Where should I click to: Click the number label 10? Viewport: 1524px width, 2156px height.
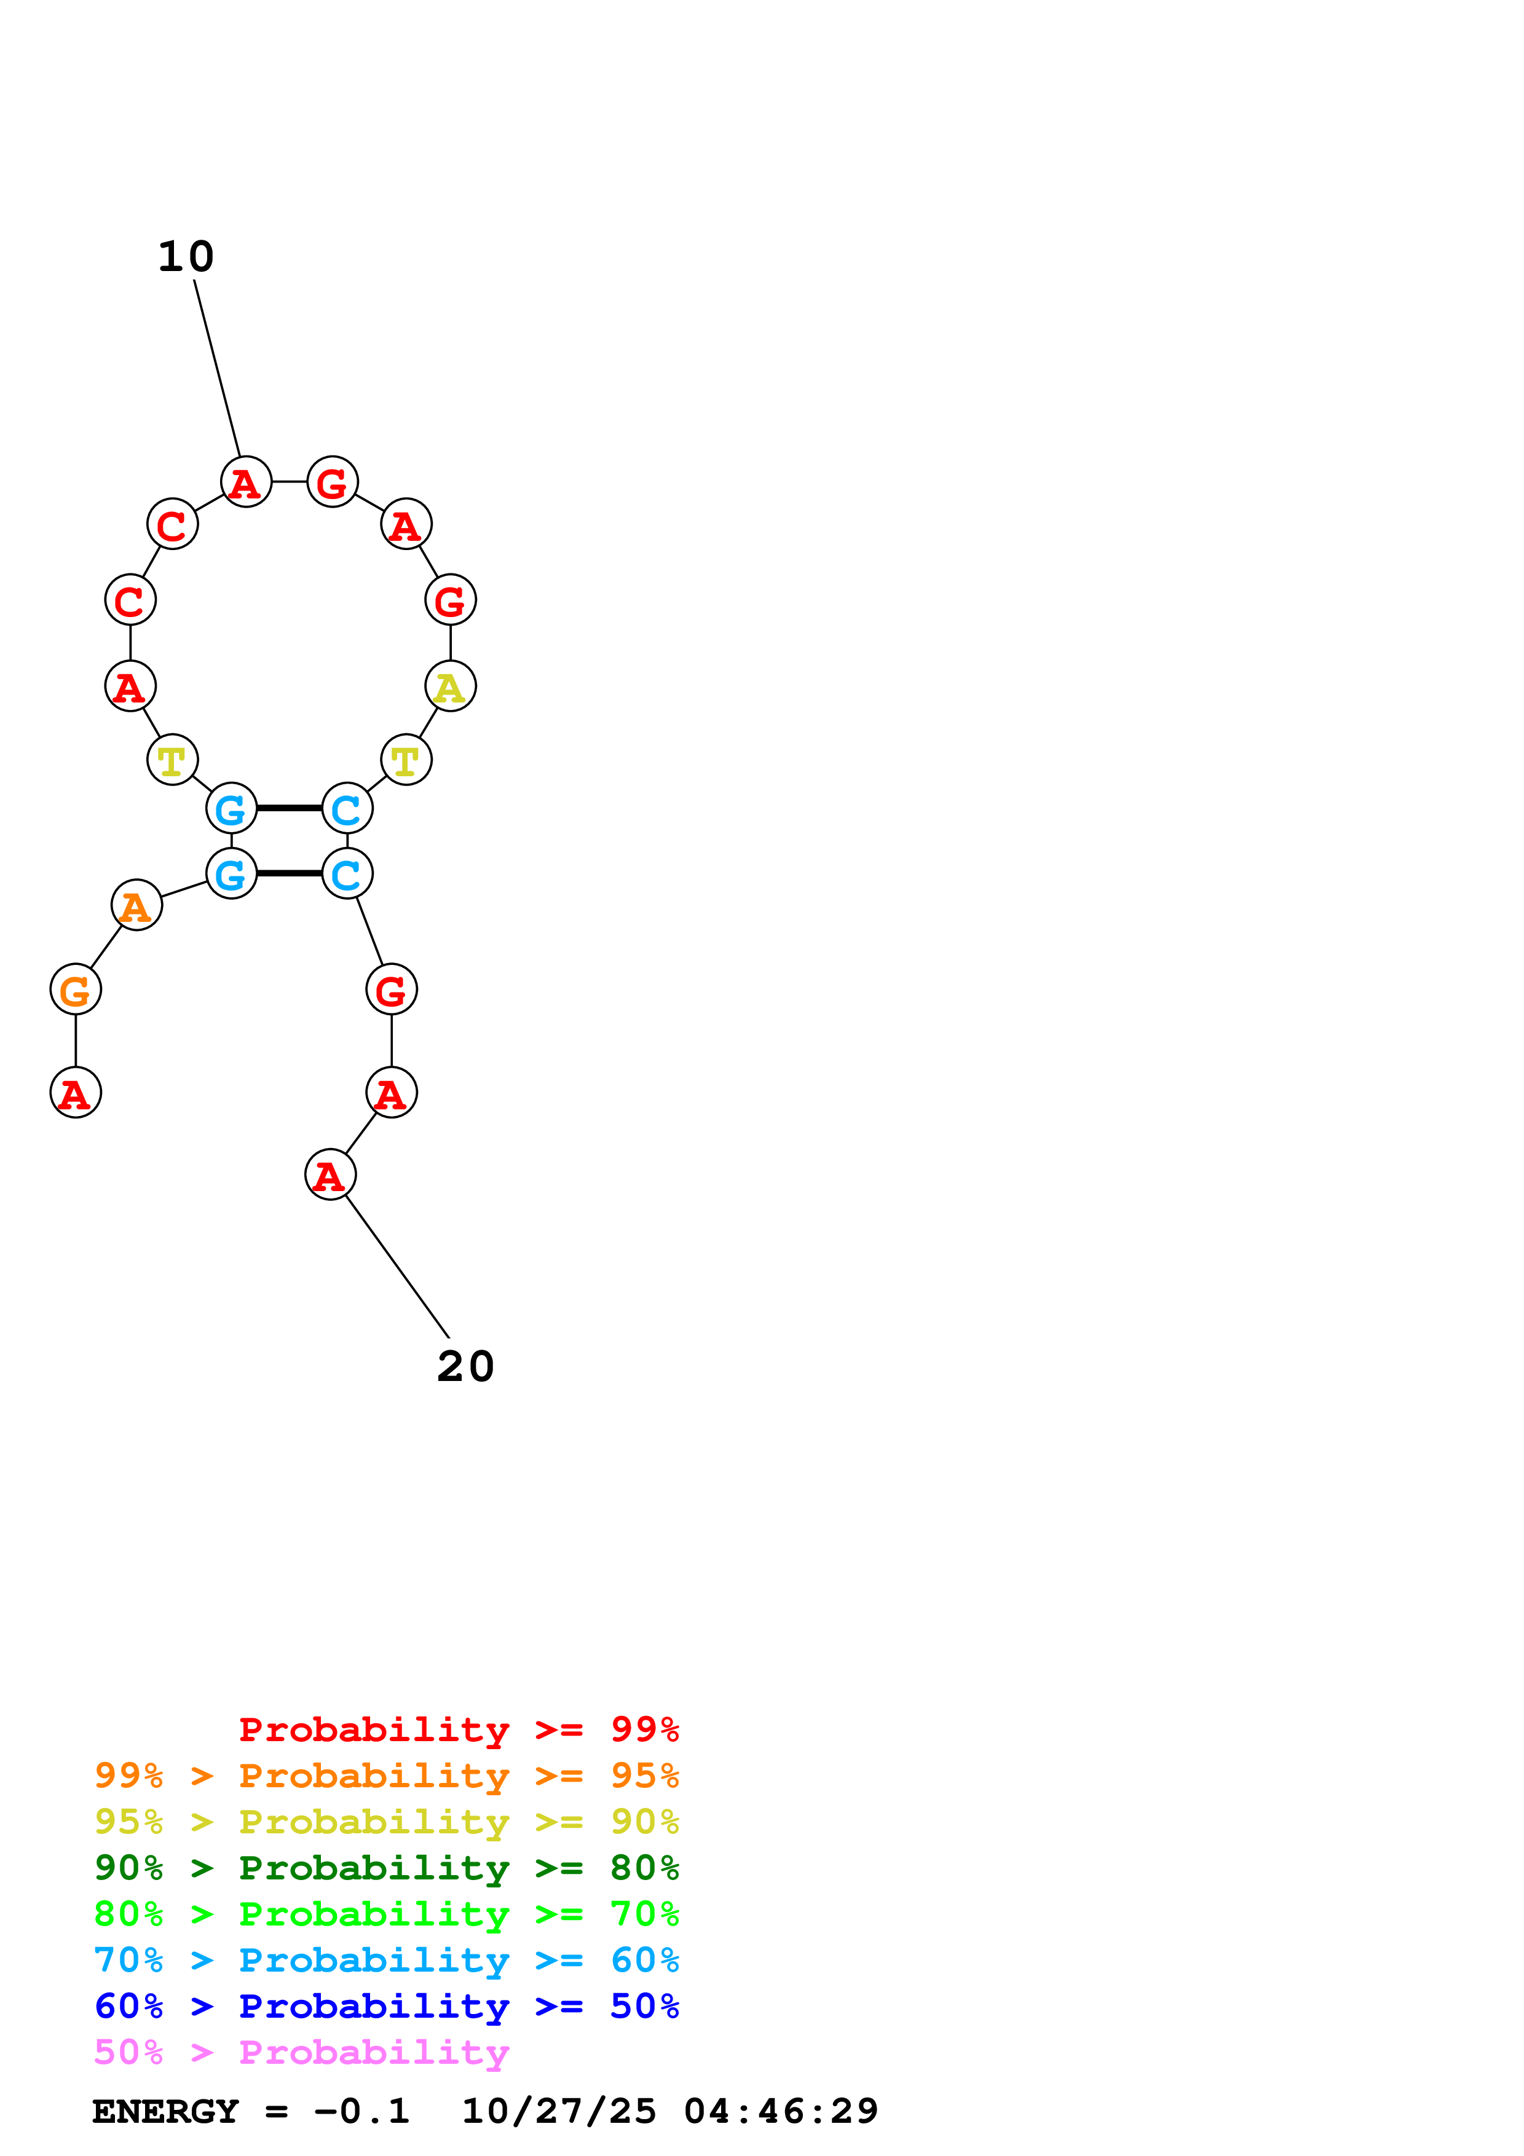click(186, 256)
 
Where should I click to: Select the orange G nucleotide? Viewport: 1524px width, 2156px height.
click(75, 989)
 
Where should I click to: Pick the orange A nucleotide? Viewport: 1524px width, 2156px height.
click(136, 906)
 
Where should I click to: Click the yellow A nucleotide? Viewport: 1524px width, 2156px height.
click(450, 687)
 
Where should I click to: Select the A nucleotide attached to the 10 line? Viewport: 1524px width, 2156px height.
click(246, 482)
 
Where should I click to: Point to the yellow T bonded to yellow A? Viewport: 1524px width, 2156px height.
click(406, 760)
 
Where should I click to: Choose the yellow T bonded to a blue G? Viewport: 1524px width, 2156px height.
click(172, 760)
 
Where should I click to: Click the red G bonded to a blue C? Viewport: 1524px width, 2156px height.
click(390, 989)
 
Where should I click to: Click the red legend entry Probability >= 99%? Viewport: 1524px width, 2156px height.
click(458, 1729)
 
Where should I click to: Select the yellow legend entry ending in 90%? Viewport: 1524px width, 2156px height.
click(386, 1822)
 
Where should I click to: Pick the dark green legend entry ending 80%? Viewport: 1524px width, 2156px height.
click(386, 1868)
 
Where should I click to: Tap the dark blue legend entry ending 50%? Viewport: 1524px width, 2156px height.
click(386, 2006)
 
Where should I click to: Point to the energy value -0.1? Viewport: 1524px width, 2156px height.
click(361, 2111)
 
